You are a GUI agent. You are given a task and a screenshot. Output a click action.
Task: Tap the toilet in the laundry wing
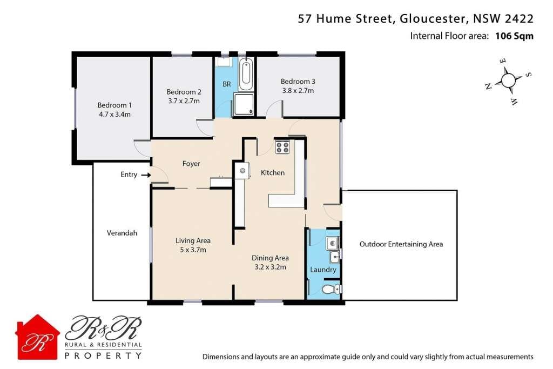(329, 290)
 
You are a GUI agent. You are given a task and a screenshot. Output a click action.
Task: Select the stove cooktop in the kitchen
(282, 147)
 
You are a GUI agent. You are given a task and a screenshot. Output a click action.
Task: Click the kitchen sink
(242, 171)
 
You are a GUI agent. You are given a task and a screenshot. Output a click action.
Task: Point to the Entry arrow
(146, 175)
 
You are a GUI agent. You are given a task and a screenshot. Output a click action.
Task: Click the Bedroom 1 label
(114, 105)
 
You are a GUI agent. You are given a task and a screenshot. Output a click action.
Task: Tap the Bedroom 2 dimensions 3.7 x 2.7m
(184, 100)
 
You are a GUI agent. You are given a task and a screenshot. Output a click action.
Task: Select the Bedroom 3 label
(298, 82)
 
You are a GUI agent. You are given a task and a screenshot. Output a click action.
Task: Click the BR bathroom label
(227, 84)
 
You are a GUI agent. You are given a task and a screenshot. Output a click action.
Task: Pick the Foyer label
(191, 164)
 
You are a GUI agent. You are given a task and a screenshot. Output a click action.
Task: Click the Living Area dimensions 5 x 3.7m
(192, 250)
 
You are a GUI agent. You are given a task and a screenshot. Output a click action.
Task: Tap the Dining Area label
(270, 258)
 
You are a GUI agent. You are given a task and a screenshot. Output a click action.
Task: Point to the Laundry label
(323, 270)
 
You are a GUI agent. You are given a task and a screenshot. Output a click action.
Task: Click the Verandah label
(122, 233)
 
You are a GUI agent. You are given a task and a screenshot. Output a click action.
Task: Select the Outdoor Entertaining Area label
(401, 244)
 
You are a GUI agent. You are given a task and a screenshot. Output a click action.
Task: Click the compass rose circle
(508, 80)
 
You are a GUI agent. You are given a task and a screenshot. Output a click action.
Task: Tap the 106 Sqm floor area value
(514, 36)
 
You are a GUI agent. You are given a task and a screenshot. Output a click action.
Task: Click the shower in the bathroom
(244, 104)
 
